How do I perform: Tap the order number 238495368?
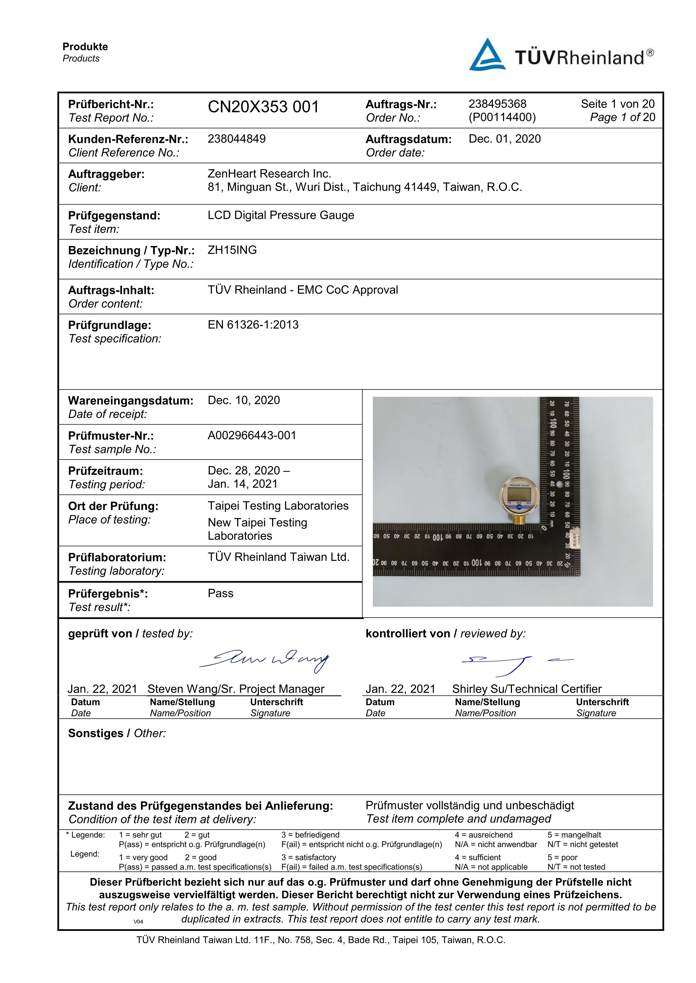click(497, 104)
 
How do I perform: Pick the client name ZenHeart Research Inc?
click(269, 173)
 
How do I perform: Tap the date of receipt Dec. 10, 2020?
click(244, 400)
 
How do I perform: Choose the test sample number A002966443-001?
click(252, 435)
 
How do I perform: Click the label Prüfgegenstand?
click(114, 215)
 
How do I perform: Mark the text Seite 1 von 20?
click(617, 104)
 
